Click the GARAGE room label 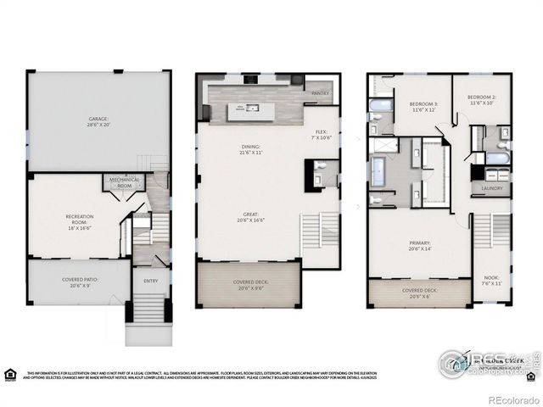tap(98, 121)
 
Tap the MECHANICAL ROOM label tap(124, 183)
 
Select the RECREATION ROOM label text tap(80, 222)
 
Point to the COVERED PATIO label tap(79, 283)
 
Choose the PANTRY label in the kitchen tap(320, 93)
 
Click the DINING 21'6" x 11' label tap(249, 149)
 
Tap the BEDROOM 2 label tap(481, 101)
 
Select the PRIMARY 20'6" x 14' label tap(418, 247)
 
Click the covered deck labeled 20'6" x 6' tap(418, 293)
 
